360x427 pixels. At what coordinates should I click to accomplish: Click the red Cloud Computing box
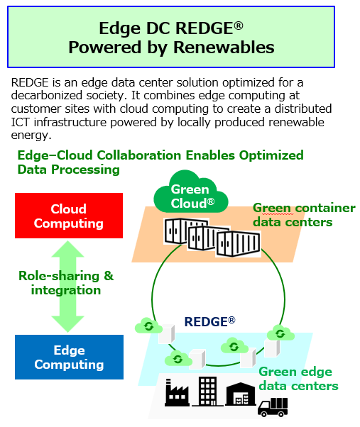click(69, 216)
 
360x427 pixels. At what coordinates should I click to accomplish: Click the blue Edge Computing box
click(69, 357)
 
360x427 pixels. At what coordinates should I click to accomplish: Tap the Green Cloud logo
click(191, 192)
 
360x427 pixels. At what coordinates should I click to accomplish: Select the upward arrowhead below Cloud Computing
click(67, 249)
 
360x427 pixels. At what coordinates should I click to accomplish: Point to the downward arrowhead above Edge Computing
click(67, 324)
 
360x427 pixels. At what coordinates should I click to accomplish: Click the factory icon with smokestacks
click(177, 392)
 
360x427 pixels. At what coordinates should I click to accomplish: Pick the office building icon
click(207, 392)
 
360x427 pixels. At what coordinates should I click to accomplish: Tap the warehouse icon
click(241, 394)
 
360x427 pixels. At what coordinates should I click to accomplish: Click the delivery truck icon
click(273, 407)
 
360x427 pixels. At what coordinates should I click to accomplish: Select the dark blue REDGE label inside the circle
click(209, 321)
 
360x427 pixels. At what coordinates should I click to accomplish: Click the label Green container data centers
click(304, 215)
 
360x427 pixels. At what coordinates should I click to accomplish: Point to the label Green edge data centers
click(298, 379)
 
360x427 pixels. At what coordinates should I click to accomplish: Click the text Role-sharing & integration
click(66, 283)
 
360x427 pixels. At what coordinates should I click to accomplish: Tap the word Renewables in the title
click(224, 48)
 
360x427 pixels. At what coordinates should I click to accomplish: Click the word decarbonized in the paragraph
click(47, 95)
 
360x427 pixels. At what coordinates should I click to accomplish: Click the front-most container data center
click(238, 244)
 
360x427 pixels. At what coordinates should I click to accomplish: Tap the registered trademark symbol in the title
click(239, 26)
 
